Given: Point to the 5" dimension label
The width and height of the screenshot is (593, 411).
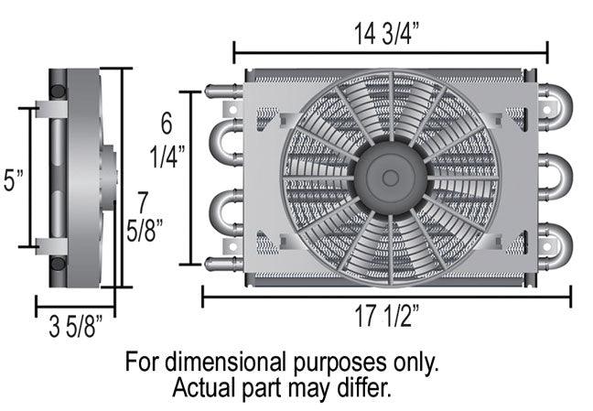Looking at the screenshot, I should [x=13, y=179].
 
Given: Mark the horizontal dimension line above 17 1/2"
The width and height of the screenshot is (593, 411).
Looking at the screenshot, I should [x=385, y=295].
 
